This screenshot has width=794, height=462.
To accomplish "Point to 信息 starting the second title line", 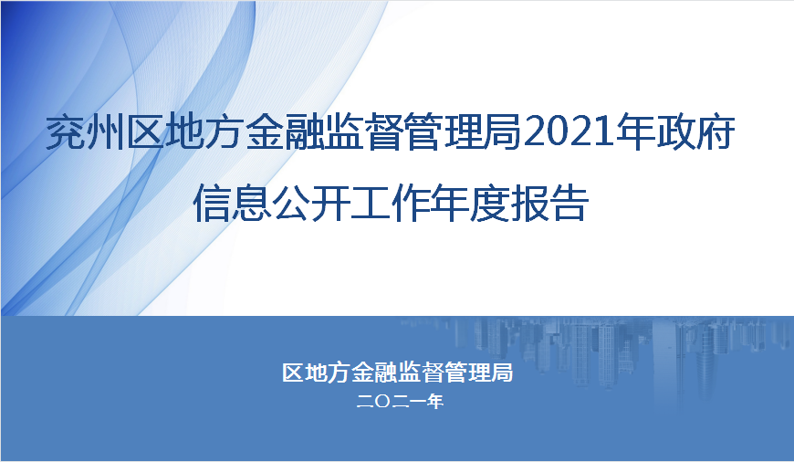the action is tap(233, 204).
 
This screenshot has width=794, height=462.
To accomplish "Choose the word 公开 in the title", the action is tap(311, 204).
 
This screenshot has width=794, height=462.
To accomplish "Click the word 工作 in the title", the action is tap(391, 204).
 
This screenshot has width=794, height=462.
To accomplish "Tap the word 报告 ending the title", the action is tap(549, 204).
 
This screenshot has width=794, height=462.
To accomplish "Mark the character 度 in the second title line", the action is tap(489, 204).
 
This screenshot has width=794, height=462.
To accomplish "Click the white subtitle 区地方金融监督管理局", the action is tap(397, 373).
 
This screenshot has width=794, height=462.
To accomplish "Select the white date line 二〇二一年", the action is tap(400, 402).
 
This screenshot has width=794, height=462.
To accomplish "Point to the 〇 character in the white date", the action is tap(382, 402).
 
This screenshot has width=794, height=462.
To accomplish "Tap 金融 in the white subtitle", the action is tap(374, 373).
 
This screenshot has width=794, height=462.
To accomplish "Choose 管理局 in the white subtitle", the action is tap(478, 373).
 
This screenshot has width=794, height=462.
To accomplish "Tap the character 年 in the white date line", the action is tap(435, 402).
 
